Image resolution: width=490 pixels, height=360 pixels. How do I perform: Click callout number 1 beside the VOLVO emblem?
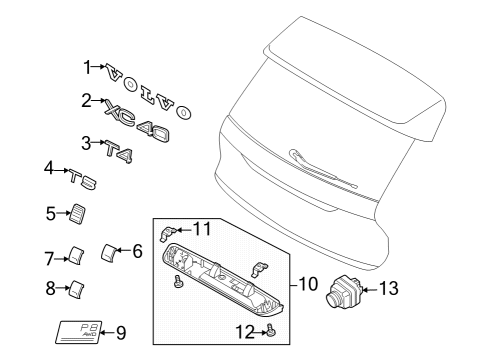tap(87, 67)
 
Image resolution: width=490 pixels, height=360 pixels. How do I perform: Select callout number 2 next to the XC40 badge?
tap(87, 100)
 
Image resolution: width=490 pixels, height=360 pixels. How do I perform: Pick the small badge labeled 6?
tap(110, 251)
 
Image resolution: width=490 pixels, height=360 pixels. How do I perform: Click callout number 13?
tap(387, 290)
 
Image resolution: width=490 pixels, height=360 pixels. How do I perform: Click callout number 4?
tap(49, 170)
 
